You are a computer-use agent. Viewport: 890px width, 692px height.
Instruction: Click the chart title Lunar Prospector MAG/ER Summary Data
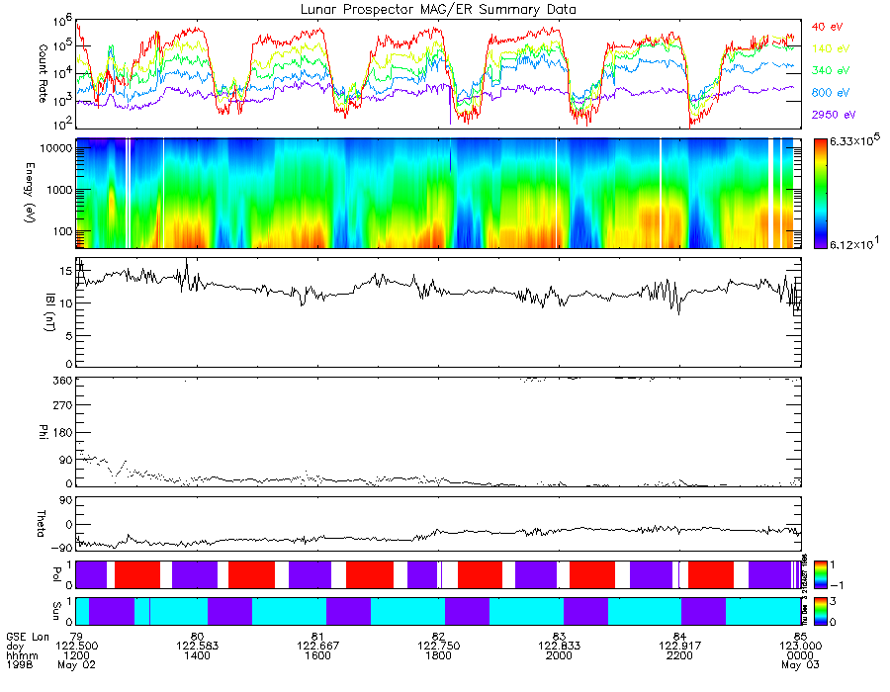pyautogui.click(x=438, y=9)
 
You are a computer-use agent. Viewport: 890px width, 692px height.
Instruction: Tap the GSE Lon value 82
pyautogui.click(x=438, y=634)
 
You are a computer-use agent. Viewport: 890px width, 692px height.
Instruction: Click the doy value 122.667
pyautogui.click(x=317, y=644)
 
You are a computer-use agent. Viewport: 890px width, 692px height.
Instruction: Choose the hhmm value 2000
pyautogui.click(x=559, y=653)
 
